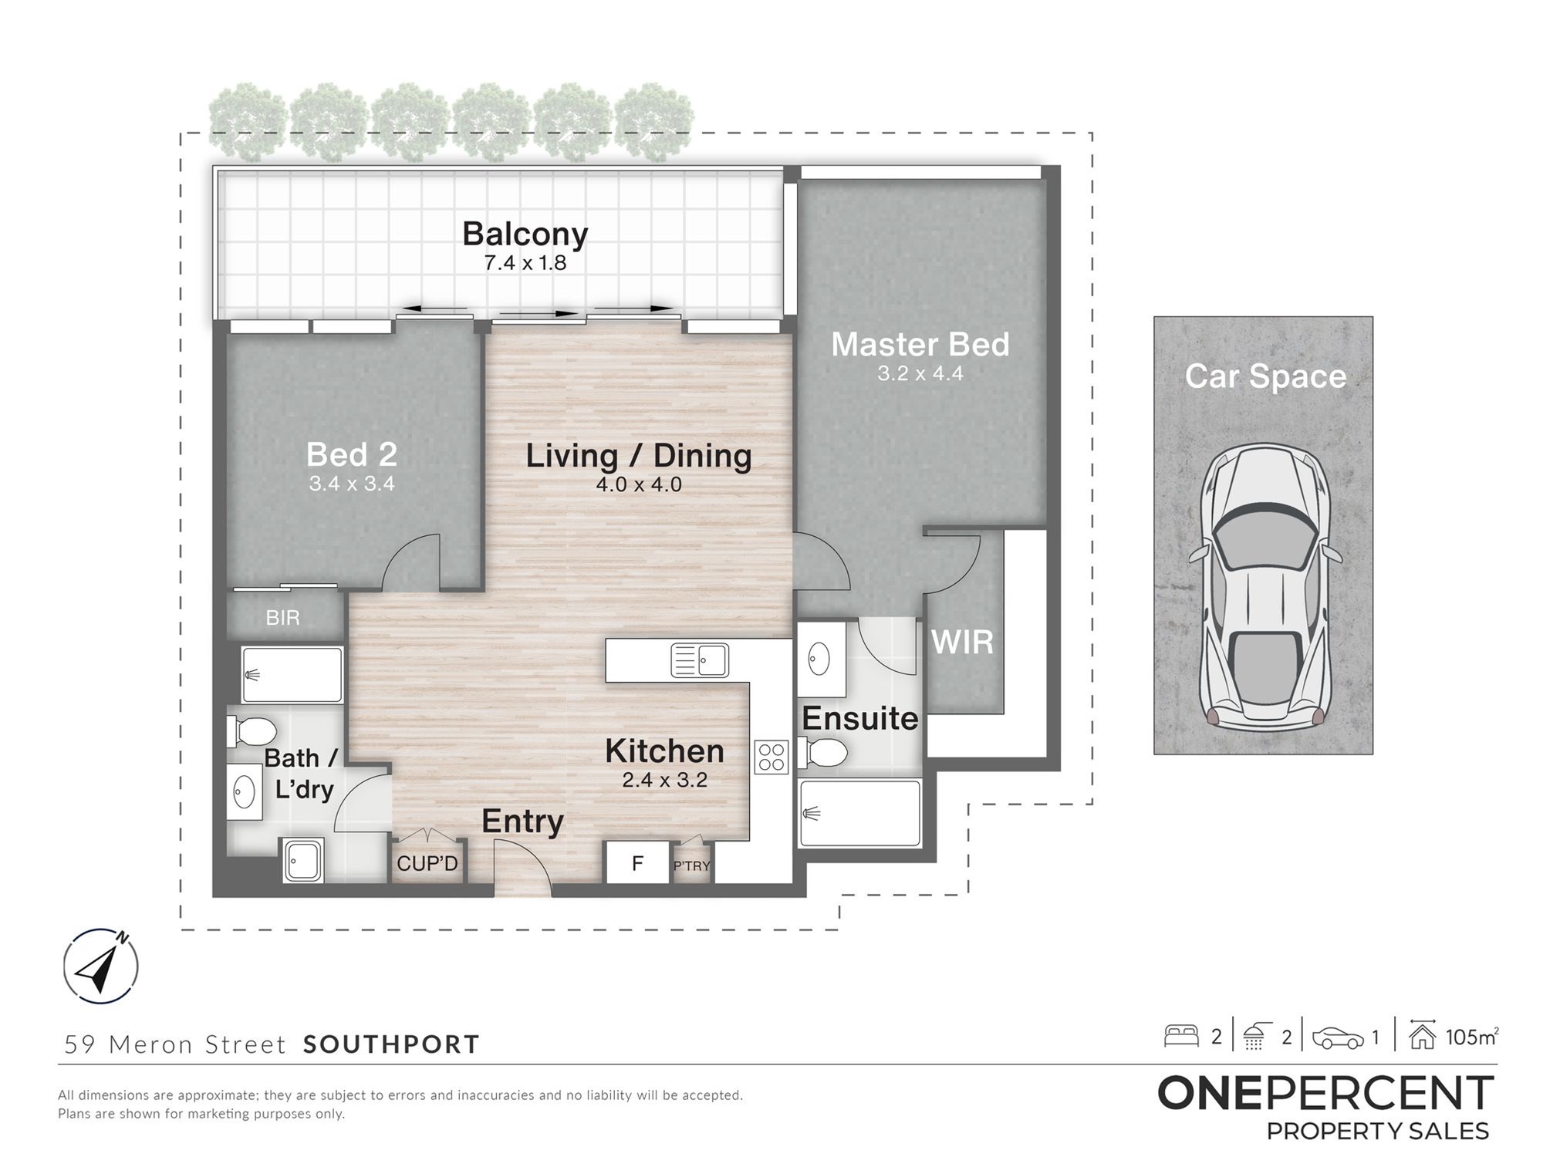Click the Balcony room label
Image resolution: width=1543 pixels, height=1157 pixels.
pos(525,234)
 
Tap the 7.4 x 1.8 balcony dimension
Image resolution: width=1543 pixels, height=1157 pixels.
pos(525,263)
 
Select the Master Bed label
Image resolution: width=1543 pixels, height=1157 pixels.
pos(920,344)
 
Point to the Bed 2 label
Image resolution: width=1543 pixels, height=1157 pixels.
pos(352,454)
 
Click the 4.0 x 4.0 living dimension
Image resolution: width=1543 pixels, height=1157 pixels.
pos(639,484)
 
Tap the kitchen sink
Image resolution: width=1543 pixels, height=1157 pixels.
pos(700,660)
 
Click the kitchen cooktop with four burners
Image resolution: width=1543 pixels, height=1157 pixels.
pos(771,756)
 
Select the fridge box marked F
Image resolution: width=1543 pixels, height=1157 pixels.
pos(637,862)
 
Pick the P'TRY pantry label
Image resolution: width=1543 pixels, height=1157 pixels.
pos(691,866)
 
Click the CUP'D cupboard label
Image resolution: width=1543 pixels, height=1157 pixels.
pos(427,863)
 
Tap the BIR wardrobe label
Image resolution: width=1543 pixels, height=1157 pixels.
pos(282,617)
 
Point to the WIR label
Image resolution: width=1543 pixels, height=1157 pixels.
pos(962,642)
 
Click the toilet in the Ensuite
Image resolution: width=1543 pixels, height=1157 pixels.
pos(823,753)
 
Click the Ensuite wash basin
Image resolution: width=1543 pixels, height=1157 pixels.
pos(819,659)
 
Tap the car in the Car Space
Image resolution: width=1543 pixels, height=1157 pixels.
pos(1264,585)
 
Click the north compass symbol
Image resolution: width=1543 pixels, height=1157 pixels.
pos(100,966)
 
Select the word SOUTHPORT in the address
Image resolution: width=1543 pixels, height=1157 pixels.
pos(391,1044)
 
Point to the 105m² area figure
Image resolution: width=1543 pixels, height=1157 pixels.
pos(1472,1037)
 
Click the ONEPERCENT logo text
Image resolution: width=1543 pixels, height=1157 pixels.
pos(1325,1093)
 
